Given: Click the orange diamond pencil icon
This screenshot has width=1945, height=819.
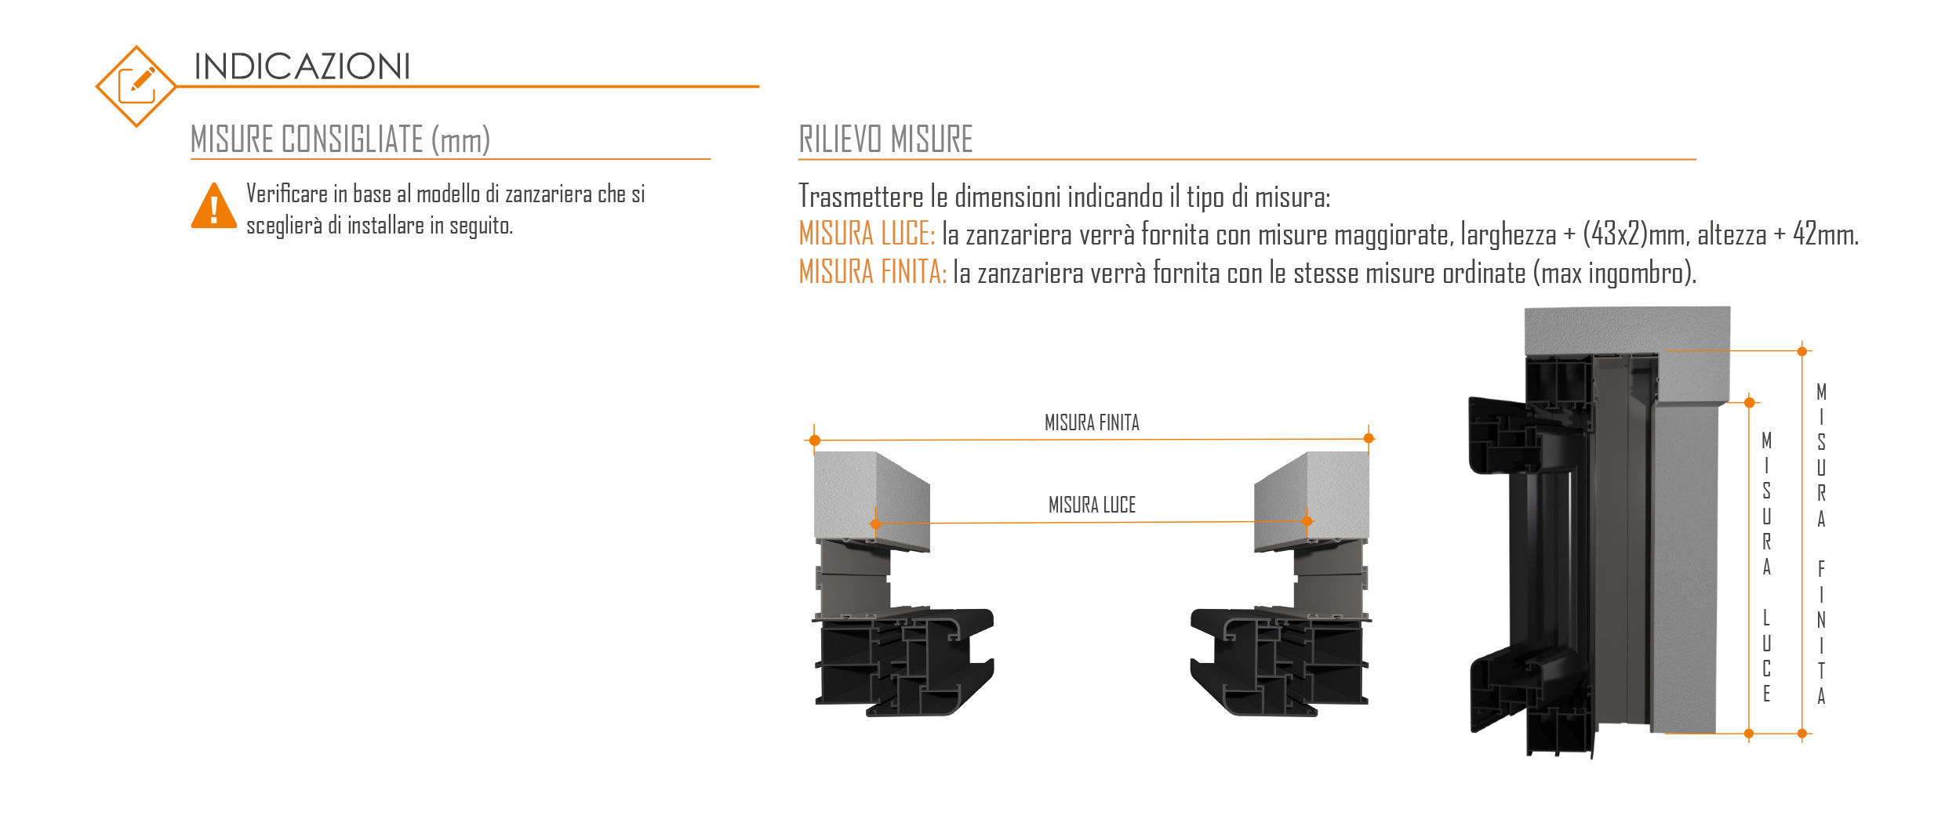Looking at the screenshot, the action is coord(136,86).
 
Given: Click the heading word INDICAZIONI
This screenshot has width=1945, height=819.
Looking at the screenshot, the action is coord(302,67).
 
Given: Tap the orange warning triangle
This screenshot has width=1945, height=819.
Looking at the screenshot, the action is coord(213,206).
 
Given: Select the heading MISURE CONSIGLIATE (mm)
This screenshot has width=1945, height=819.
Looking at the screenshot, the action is coord(340,140).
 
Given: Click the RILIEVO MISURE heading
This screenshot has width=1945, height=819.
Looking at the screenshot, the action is coord(885,140).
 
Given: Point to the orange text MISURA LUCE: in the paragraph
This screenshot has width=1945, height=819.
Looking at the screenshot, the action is coord(867,234).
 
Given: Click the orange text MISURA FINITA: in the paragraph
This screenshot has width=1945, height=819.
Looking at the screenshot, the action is coord(873,272).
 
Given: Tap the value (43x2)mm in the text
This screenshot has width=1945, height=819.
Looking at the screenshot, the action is coord(1635,234).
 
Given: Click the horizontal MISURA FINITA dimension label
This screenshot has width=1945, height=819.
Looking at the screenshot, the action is coord(1092,423).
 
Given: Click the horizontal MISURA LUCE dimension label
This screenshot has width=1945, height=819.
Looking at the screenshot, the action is coord(1092,505).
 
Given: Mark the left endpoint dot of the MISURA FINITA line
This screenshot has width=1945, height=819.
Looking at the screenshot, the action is coord(815,440).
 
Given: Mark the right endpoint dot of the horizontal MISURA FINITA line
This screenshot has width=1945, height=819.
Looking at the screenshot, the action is coord(1369,439).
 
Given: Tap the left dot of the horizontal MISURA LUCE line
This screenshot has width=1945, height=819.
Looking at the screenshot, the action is coord(875,524).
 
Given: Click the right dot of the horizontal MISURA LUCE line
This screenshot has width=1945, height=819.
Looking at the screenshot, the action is coord(1307,521).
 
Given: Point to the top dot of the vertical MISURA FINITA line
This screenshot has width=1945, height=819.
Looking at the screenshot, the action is coord(1802,352).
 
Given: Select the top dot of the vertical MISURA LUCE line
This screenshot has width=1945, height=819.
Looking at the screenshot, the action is coord(1749,403).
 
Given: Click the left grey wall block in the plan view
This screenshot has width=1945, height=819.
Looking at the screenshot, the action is coord(871,502).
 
